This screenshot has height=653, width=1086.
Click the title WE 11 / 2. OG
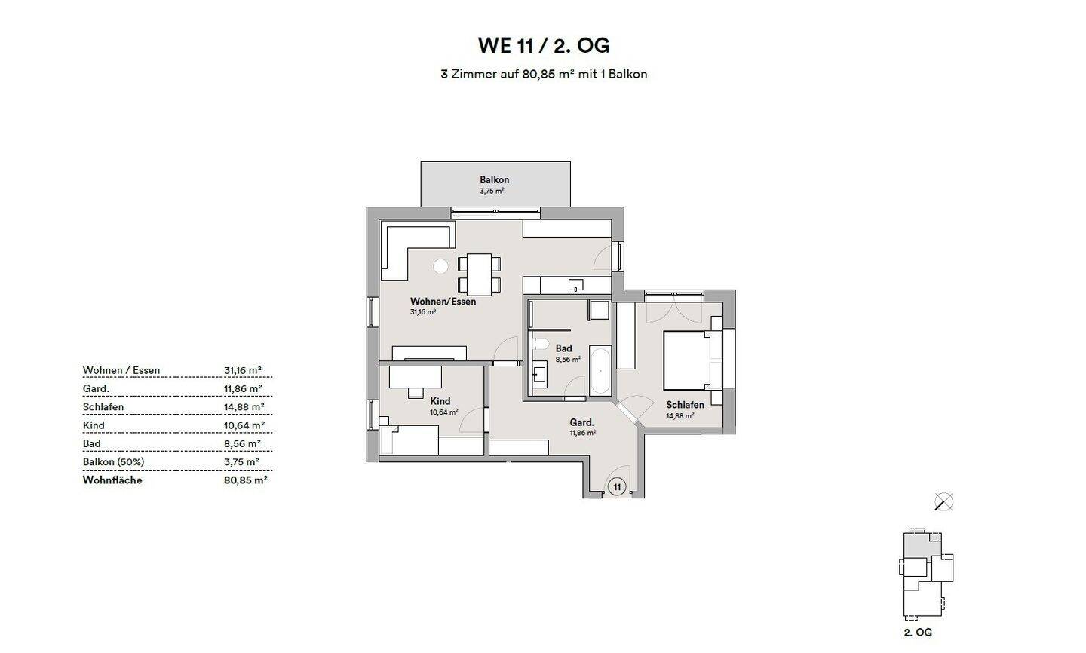click(543, 45)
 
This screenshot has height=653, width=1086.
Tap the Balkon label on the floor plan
click(494, 180)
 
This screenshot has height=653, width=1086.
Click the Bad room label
click(563, 348)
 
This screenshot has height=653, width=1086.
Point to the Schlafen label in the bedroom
click(685, 405)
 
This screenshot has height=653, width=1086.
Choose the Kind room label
click(440, 401)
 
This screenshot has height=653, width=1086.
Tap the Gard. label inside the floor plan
click(581, 422)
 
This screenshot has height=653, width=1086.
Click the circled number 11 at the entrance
click(617, 487)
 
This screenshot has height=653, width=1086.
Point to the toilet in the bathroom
click(539, 345)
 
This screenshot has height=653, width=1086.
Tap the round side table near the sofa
click(440, 265)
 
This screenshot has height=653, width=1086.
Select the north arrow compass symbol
click(943, 501)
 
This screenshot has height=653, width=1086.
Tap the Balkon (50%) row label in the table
click(113, 461)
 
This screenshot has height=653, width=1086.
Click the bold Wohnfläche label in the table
click(112, 480)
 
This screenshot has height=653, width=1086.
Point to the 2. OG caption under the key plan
click(917, 632)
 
